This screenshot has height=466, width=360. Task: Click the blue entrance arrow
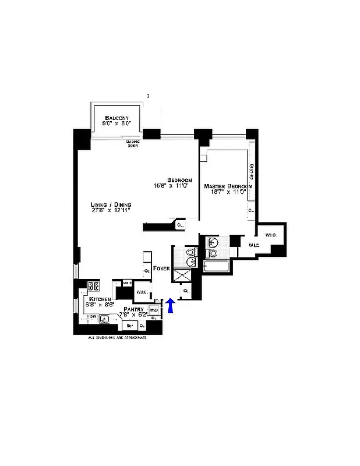pyautogui.click(x=170, y=306)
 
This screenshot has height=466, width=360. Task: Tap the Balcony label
pyautogui.click(x=117, y=118)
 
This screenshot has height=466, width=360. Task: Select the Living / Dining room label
pyautogui.click(x=111, y=204)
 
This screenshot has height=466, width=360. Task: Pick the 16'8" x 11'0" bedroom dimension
pyautogui.click(x=173, y=186)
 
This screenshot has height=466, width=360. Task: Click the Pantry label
pyautogui.click(x=133, y=309)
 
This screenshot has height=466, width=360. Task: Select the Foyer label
pyautogui.click(x=161, y=269)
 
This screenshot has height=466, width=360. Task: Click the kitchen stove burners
pyautogui.click(x=93, y=286)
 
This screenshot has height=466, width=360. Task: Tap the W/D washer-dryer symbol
pyautogui.click(x=154, y=310)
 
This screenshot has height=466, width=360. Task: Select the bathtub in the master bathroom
pyautogui.click(x=216, y=267)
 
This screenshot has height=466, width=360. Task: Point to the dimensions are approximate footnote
pyautogui.click(x=117, y=337)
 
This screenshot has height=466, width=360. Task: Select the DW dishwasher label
pyautogui.click(x=91, y=316)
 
